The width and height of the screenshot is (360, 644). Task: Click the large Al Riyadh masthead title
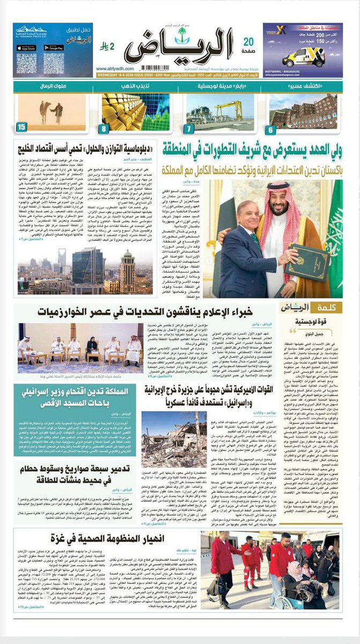pos(177,52)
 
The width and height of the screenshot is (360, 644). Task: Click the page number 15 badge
pos(22,127)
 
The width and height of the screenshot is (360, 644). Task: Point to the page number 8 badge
pos(105,127)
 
